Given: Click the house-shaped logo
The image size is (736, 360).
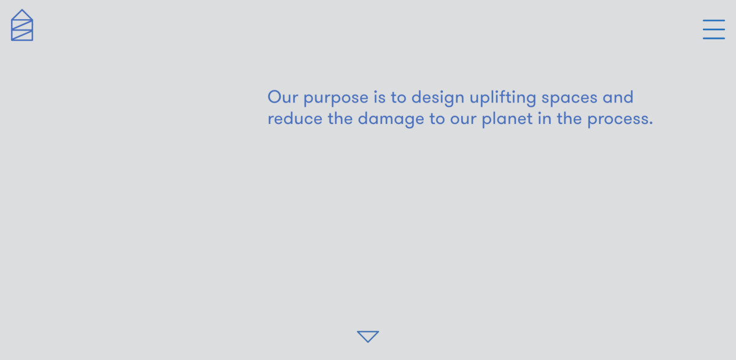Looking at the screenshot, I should click(x=22, y=26).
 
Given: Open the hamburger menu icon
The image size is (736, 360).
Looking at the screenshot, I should click(x=714, y=29).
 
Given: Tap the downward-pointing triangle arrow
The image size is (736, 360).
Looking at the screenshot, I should click(x=368, y=336).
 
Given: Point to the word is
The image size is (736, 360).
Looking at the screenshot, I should click(x=380, y=98).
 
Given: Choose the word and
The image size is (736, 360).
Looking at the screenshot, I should click(x=618, y=98).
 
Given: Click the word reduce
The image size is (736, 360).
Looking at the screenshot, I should click(x=294, y=118).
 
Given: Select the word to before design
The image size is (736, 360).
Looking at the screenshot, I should click(x=399, y=98).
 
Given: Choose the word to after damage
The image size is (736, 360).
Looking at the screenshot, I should click(x=437, y=118).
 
